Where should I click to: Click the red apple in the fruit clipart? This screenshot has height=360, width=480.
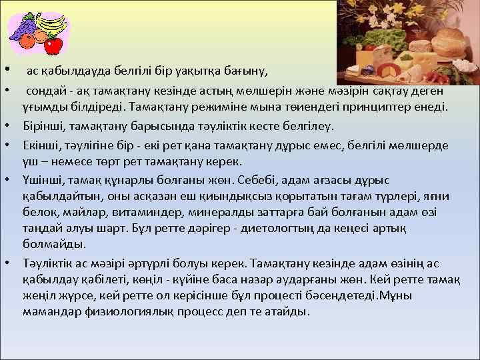pos(53,45)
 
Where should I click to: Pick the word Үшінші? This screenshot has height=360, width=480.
pos(44,180)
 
